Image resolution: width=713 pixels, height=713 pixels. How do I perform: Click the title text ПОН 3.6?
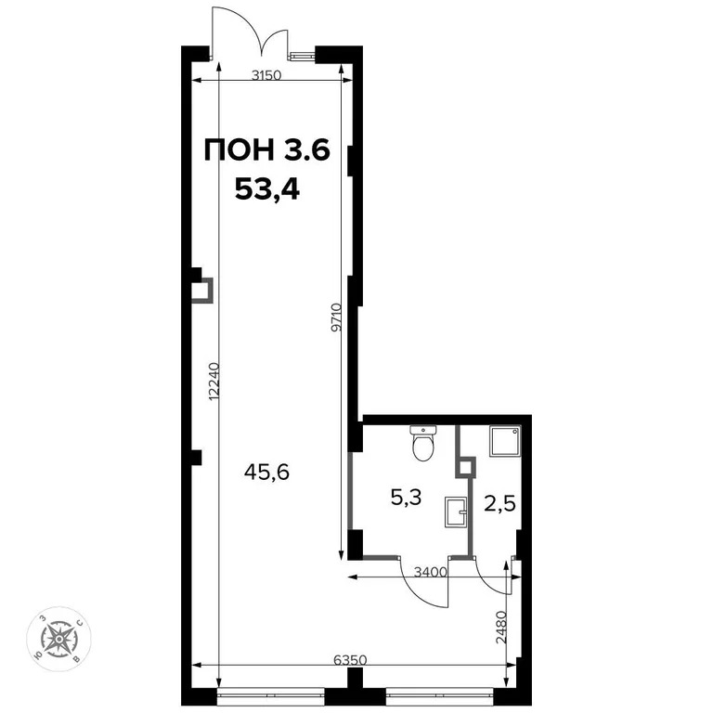(266, 150)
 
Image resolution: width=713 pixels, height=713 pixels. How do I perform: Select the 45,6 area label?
(266, 472)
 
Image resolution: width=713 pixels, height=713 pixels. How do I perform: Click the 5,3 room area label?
(405, 497)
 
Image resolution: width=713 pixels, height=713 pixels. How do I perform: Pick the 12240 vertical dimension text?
(214, 381)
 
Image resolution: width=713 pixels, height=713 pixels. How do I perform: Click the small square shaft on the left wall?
(202, 291)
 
